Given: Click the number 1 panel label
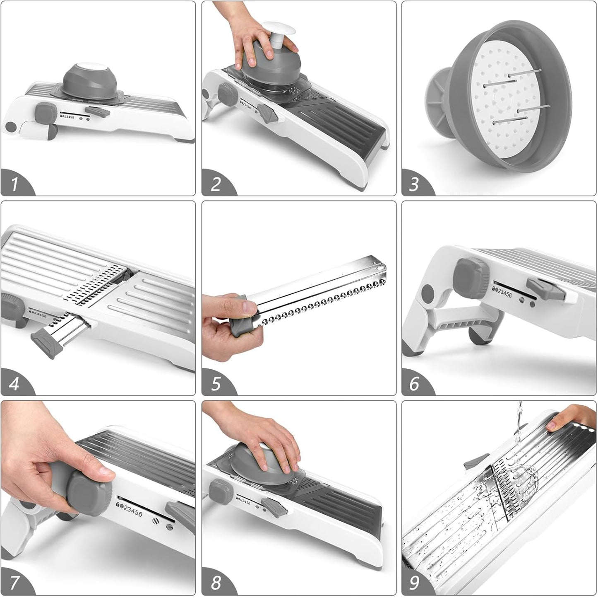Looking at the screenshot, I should pos(14,184).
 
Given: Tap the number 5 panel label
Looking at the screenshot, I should pos(215,384).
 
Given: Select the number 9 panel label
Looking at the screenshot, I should pos(414,583).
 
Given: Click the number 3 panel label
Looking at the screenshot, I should pos(414,184).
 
